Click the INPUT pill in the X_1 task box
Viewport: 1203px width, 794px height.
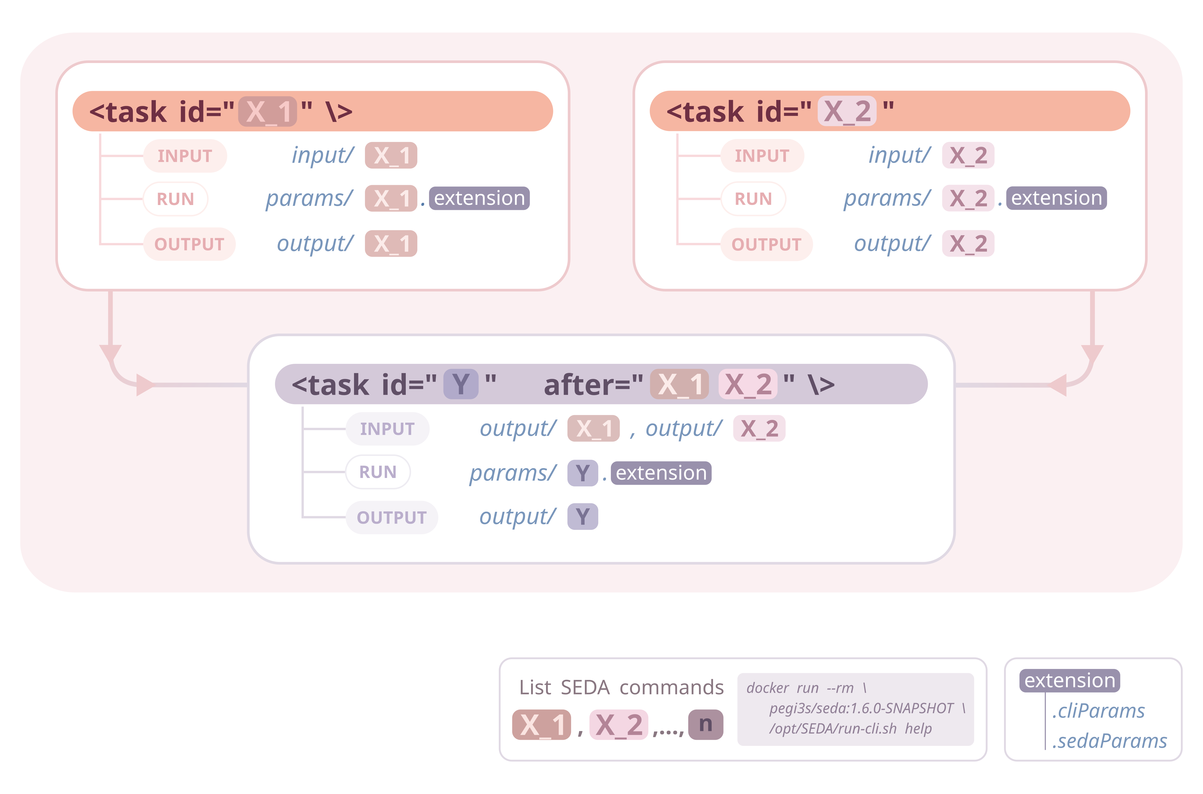(x=185, y=156)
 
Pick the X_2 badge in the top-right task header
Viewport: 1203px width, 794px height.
(x=847, y=111)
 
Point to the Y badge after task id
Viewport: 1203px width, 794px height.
(x=461, y=384)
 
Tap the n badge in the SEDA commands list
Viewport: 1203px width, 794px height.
(x=705, y=725)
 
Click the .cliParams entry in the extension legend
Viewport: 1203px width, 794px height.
(x=1098, y=711)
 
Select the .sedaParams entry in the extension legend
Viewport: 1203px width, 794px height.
(x=1109, y=741)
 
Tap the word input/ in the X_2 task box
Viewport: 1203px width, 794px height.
(x=899, y=155)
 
